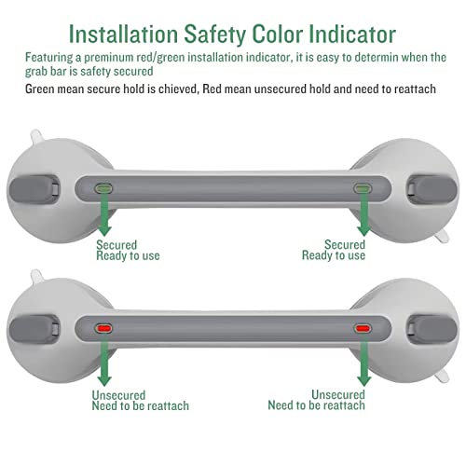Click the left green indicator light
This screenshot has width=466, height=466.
[105, 186]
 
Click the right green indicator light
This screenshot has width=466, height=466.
[362, 186]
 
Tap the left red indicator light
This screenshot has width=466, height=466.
[105, 328]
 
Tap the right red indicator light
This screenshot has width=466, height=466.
[362, 328]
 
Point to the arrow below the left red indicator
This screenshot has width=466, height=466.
[104, 365]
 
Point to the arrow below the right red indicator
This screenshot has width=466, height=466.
[362, 365]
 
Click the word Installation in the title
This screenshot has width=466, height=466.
[125, 34]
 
